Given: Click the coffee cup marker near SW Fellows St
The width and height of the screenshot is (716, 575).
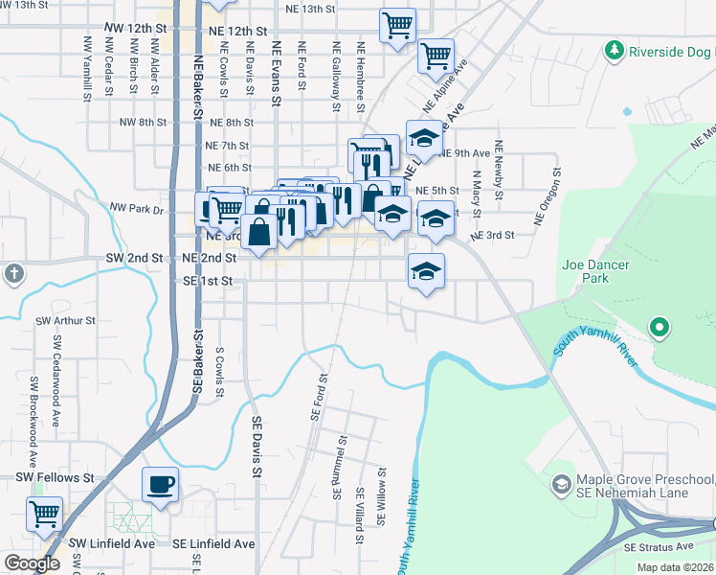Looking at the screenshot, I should tap(160, 484).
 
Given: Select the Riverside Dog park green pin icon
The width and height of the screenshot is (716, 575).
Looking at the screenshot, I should tap(614, 50).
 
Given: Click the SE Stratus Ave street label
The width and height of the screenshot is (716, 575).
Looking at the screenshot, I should tap(658, 545).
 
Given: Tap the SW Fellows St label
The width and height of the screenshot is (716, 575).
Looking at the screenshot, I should tap(54, 477).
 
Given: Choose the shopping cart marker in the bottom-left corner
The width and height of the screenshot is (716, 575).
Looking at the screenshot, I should tap(44, 514).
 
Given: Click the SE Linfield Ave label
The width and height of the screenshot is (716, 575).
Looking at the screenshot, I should tap(213, 543).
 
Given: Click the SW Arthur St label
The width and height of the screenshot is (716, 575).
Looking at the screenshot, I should tap(65, 321).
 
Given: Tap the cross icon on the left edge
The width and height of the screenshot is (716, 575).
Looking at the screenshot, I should tap(13, 275).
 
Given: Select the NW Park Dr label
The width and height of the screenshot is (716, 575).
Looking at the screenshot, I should tap(137, 207).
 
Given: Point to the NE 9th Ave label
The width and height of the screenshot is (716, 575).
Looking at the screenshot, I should tap(466, 153).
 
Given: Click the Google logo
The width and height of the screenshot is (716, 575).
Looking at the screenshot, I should tap(32, 563).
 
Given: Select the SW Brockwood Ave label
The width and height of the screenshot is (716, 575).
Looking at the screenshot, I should tap(34, 401).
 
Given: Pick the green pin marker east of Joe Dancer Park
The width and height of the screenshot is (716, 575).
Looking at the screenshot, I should tap(659, 328).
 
